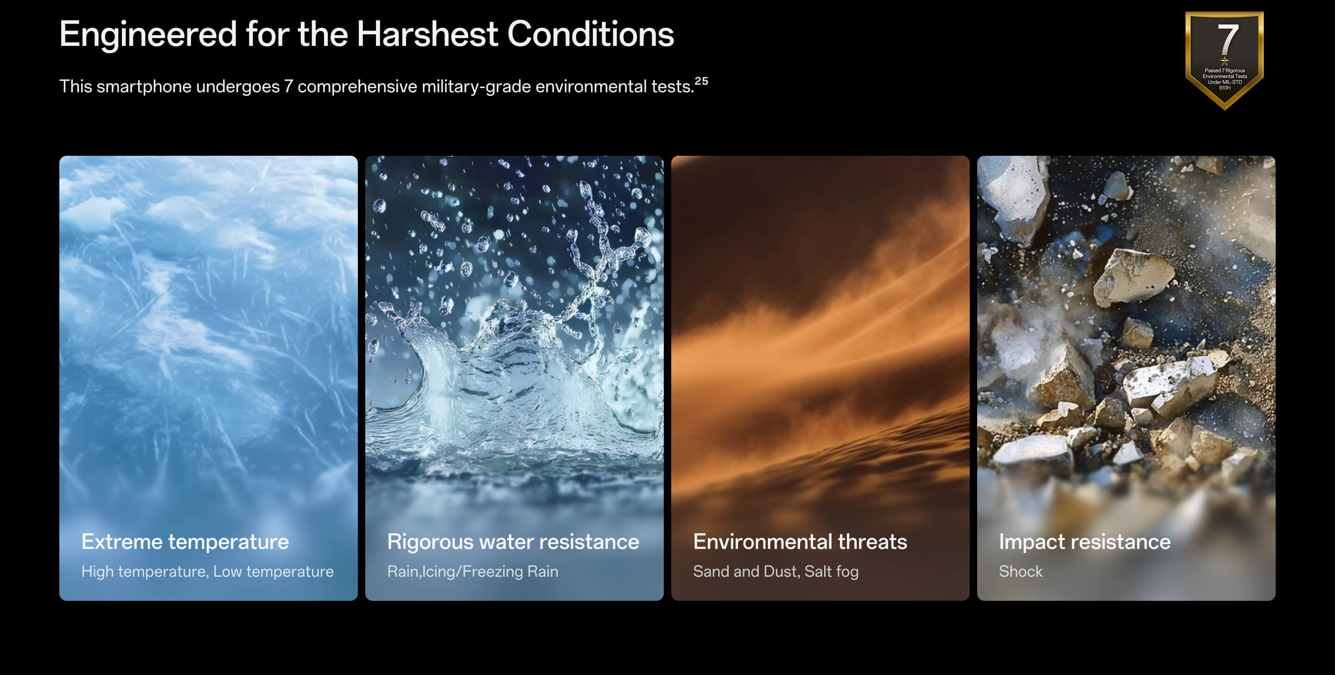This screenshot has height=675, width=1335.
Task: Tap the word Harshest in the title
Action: tap(427, 34)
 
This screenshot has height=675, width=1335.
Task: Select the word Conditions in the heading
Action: tap(590, 34)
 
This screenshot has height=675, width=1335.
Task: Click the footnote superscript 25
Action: tap(701, 81)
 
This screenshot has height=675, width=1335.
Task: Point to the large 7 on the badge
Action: tap(1227, 39)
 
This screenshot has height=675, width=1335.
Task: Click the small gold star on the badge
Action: tap(1225, 61)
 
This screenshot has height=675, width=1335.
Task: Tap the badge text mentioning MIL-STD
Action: tap(1225, 82)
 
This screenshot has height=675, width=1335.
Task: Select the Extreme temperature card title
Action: tap(185, 542)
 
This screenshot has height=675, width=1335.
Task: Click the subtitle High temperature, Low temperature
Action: tap(207, 571)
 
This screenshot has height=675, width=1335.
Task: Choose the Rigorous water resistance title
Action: tap(513, 542)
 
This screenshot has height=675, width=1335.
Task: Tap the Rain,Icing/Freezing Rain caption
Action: tap(473, 571)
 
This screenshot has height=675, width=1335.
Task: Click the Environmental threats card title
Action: tap(800, 542)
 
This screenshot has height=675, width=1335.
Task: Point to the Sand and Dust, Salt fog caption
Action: tap(776, 571)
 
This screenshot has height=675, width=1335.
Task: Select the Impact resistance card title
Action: tap(1085, 542)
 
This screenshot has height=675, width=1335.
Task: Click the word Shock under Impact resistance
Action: tap(1020, 571)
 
